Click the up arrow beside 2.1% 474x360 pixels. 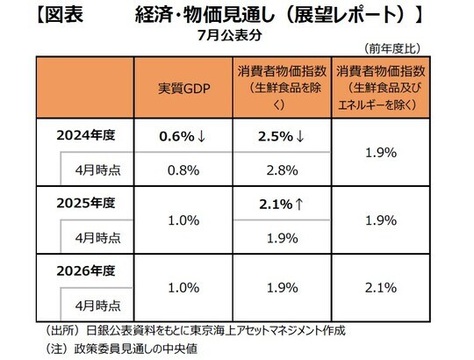(299, 205)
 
